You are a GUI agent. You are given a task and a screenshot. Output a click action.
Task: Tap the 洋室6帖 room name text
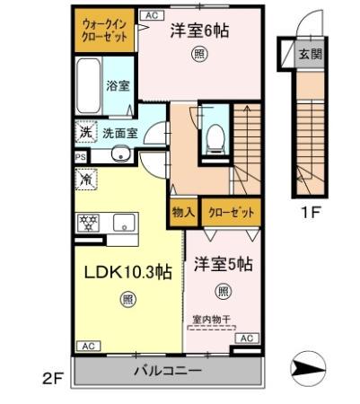199,31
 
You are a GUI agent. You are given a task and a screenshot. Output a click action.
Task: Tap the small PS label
79,155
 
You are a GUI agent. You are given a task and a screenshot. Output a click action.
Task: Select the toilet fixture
215,137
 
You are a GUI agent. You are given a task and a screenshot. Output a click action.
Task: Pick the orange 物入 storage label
180,214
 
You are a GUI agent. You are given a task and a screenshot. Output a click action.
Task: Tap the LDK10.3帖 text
129,272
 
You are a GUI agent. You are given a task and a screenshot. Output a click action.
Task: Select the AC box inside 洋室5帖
250,338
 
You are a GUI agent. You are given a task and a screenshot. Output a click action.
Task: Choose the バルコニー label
168,371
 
